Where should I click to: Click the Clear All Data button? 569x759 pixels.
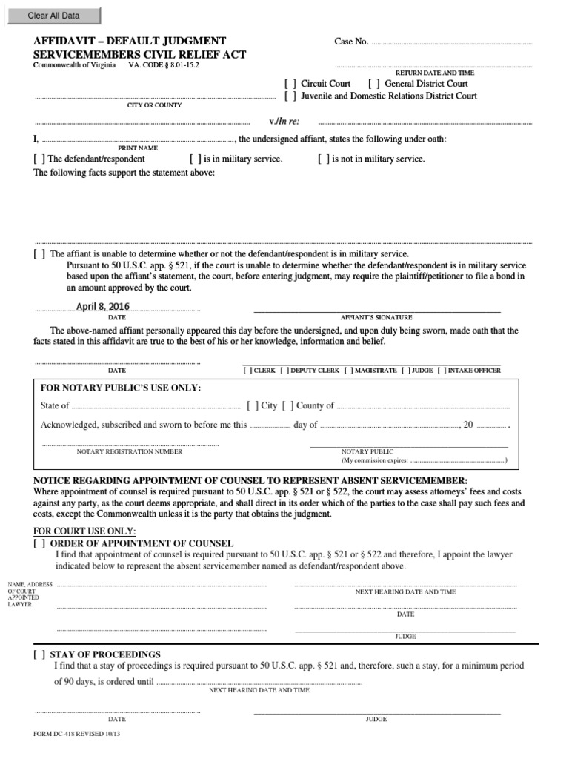pos(53,16)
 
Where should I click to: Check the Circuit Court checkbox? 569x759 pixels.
pos(290,84)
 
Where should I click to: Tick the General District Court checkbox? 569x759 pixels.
pos(374,84)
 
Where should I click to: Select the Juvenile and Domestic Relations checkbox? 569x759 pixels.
pos(290,96)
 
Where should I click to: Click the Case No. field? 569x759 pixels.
pos(452,42)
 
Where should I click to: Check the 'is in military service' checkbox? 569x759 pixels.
pos(196,159)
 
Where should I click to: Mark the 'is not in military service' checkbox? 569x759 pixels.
pos(324,159)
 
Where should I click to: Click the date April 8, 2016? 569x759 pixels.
pos(102,307)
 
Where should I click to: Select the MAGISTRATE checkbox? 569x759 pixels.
pos(347,370)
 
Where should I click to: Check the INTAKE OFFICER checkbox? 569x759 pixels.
pos(442,370)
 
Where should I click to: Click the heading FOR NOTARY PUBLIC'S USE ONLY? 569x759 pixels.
pos(120,388)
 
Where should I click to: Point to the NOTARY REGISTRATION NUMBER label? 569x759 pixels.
pos(130,451)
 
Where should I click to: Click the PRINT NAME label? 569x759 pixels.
pos(137,148)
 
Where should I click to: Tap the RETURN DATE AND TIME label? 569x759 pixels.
pos(435,73)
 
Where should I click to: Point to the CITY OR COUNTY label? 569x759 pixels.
pos(154,105)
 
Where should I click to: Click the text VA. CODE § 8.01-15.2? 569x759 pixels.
pos(164,65)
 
